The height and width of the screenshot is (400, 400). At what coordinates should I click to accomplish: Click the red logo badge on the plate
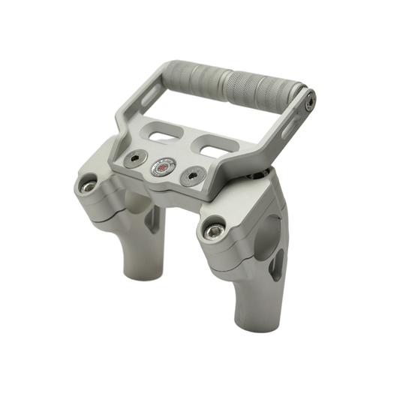point(159,167)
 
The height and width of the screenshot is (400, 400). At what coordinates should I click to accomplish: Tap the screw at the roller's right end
point(308,98)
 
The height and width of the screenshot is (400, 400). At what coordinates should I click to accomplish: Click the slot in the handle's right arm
point(290,128)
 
